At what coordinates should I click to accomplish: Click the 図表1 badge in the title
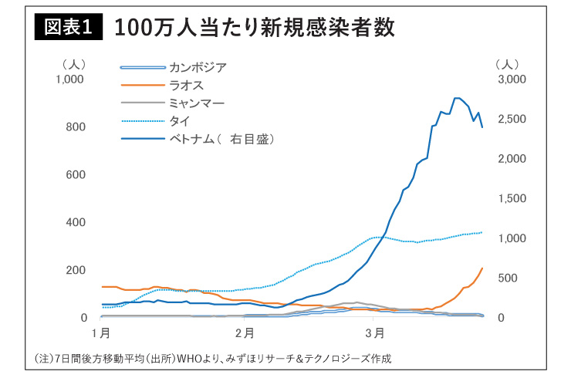pyautogui.click(x=66, y=29)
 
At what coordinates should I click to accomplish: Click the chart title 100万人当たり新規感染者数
pyautogui.click(x=255, y=29)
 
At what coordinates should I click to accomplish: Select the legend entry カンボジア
pyautogui.click(x=198, y=68)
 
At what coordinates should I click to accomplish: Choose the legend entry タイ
pyautogui.click(x=179, y=120)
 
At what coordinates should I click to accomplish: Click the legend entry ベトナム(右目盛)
pyautogui.click(x=221, y=139)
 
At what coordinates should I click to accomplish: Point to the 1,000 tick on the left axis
pyautogui.click(x=69, y=79)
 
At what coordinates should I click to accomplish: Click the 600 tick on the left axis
pyautogui.click(x=76, y=175)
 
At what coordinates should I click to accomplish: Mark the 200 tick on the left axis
pyautogui.click(x=76, y=270)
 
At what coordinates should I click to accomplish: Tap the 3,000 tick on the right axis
pyautogui.click(x=512, y=79)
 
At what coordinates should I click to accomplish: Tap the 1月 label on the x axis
pyautogui.click(x=100, y=332)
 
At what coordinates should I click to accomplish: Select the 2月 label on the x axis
pyautogui.click(x=245, y=332)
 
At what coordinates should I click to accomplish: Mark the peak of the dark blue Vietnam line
pyautogui.click(x=457, y=98)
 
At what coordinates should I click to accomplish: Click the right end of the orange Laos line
pyautogui.click(x=482, y=268)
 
